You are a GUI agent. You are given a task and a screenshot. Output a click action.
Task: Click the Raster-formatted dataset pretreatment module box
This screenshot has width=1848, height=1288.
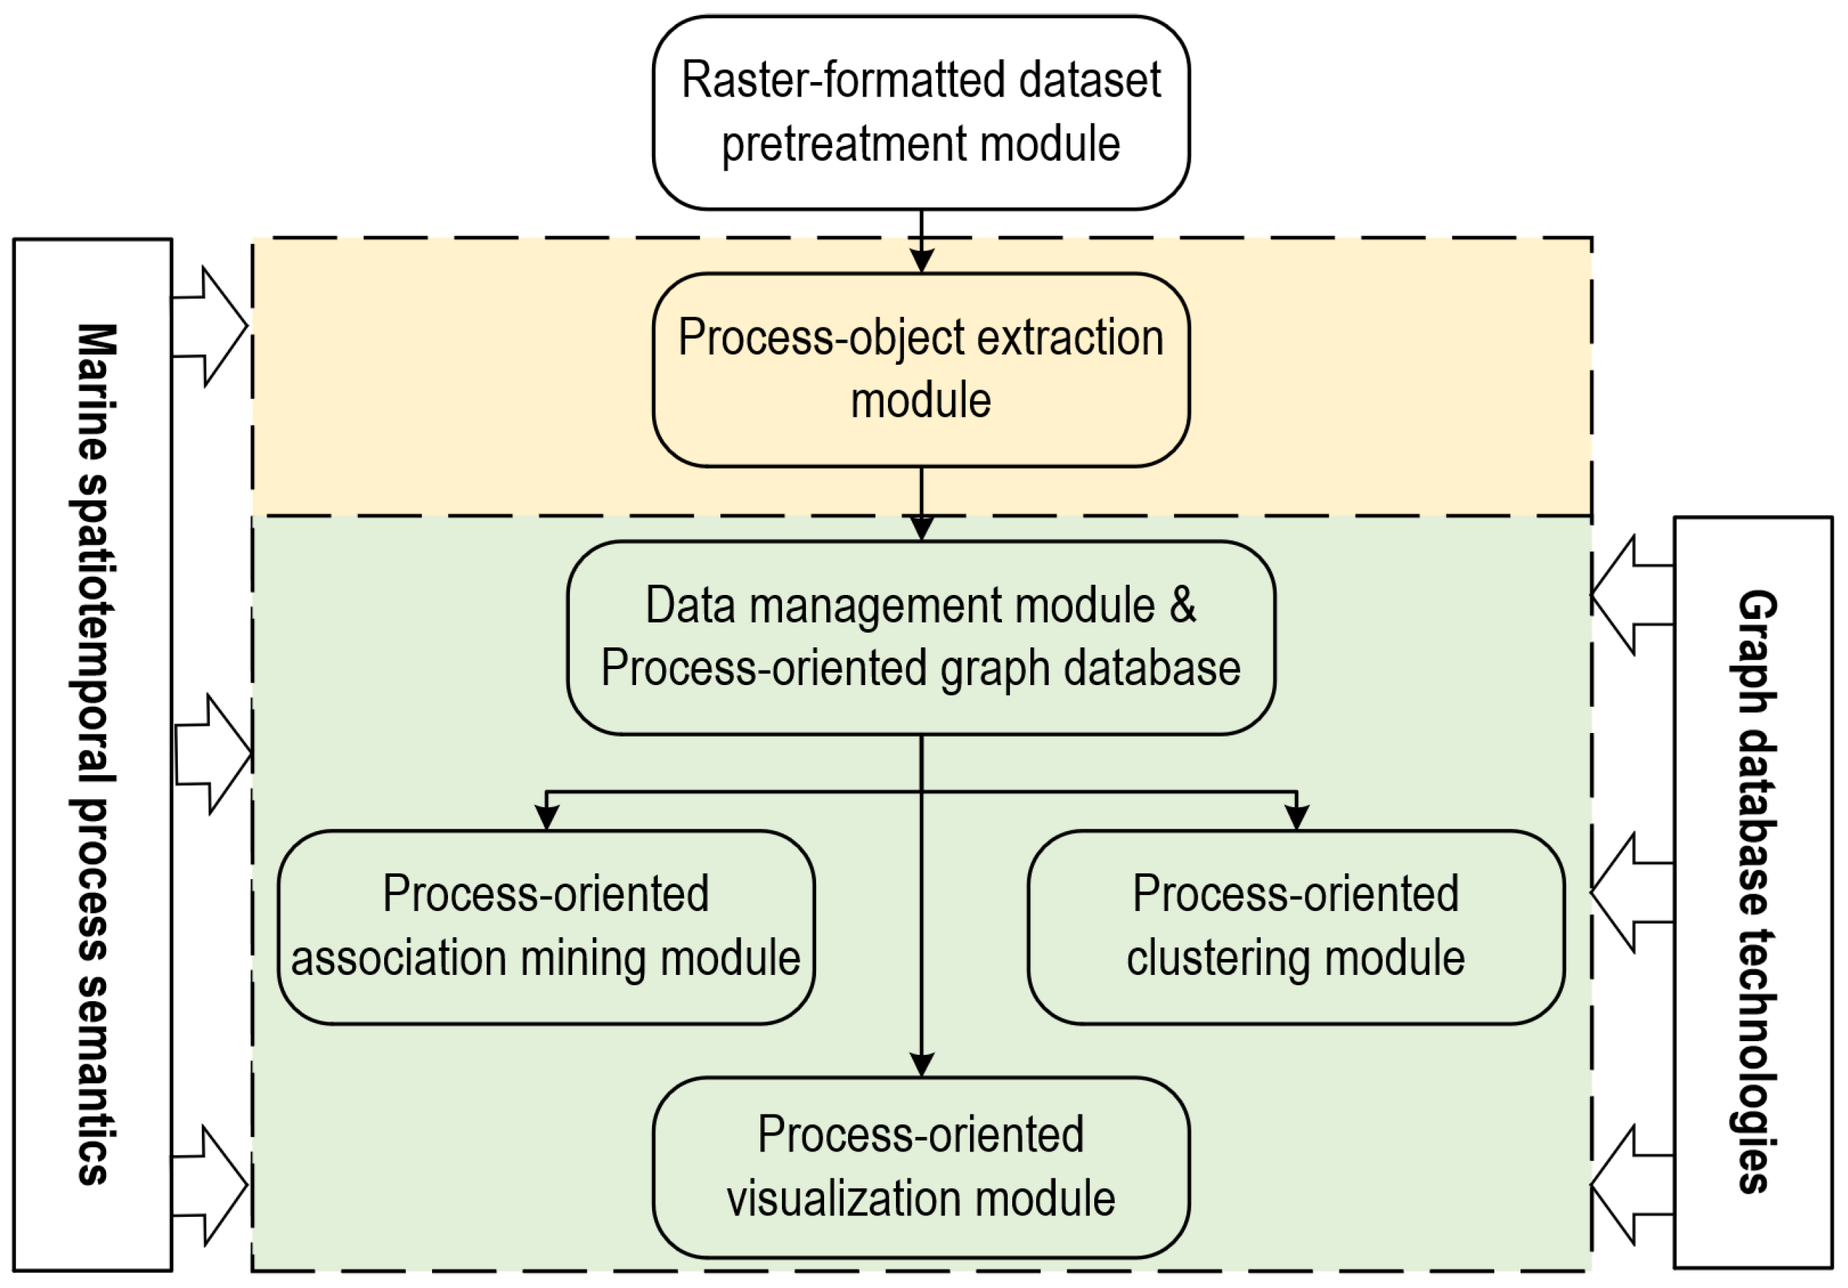[920, 113]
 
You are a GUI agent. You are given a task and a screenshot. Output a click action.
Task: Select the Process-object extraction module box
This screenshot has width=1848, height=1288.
[920, 370]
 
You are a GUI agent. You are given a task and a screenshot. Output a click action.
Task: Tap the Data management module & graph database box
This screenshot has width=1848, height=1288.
[920, 638]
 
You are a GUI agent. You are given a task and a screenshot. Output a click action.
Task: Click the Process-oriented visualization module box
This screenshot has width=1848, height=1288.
[920, 1167]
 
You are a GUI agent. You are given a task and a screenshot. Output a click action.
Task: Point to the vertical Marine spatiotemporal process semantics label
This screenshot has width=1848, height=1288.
[94, 754]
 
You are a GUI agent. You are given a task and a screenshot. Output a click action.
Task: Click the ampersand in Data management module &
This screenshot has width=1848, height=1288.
[1181, 605]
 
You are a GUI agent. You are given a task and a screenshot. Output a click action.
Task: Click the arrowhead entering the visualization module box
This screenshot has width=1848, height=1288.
[921, 1065]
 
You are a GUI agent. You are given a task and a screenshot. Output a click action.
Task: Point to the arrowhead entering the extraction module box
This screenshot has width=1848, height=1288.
[921, 261]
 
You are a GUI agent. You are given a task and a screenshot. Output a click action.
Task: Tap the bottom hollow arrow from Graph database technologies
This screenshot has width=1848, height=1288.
[1630, 1185]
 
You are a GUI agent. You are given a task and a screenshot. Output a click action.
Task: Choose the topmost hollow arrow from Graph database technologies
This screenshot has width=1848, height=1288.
[1630, 596]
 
